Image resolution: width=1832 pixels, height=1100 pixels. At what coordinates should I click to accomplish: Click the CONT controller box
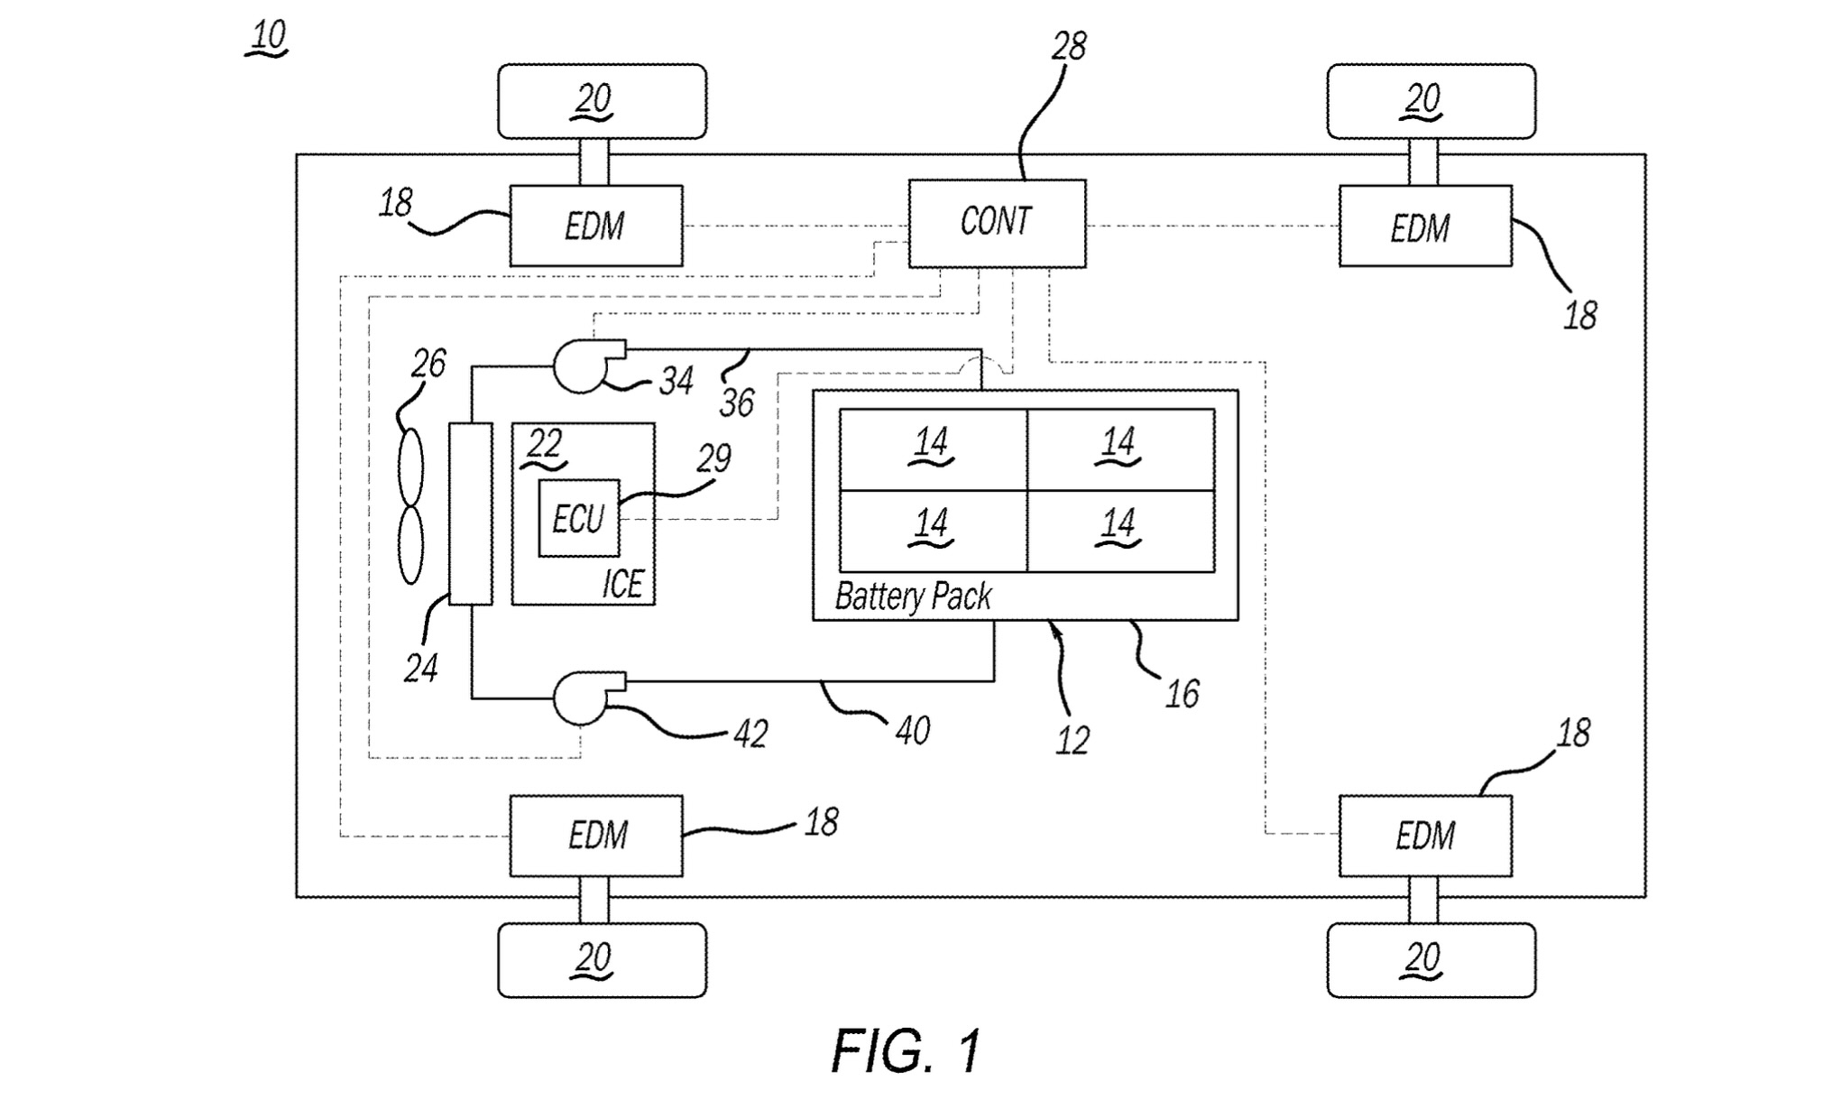point(996,223)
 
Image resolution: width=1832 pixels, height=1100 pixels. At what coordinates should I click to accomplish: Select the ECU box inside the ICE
point(578,518)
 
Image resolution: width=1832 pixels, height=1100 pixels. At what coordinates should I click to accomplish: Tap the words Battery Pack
point(913,596)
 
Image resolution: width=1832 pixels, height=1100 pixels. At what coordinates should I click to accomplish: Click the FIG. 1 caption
point(906,1051)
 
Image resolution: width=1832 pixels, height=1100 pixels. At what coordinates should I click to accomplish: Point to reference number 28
point(1069,46)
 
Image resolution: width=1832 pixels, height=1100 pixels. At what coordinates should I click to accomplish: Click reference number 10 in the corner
point(268,37)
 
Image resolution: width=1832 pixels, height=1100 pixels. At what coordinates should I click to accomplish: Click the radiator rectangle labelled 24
point(470,513)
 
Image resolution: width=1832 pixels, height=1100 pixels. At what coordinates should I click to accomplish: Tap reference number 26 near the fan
point(428,364)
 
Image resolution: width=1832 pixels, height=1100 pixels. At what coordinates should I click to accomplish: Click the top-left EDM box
point(595,226)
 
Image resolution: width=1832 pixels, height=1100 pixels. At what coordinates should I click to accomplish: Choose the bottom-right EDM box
point(1424,836)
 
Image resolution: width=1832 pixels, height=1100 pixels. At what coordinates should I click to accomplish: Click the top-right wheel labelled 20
point(1431,100)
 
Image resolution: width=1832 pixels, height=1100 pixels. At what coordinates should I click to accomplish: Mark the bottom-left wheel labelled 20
point(602,959)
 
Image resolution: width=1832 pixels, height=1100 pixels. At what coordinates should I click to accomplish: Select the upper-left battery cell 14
point(933,448)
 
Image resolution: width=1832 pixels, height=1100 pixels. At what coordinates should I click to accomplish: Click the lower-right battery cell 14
point(1120,531)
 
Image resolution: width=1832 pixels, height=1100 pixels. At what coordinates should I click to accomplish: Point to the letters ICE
point(622,585)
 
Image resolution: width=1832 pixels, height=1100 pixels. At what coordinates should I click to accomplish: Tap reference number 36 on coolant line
point(736,402)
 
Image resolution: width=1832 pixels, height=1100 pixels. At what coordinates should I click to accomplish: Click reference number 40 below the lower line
point(912,730)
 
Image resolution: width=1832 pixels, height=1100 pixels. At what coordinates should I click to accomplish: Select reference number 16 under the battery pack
point(1182,694)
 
